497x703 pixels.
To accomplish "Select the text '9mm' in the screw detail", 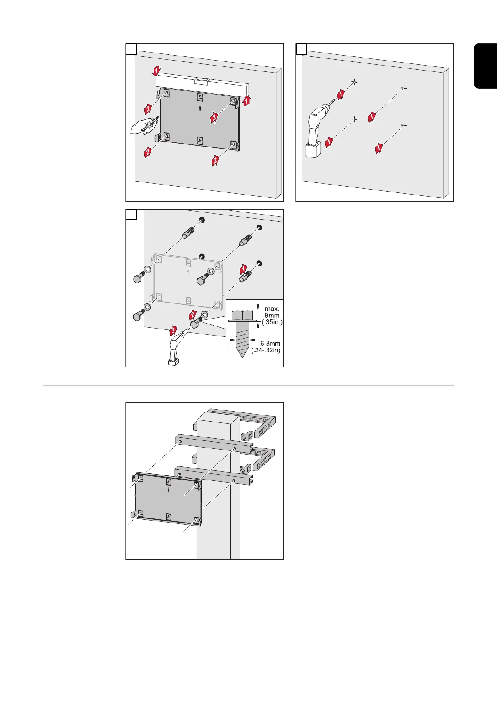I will (272, 316).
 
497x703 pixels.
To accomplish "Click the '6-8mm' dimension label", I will (270, 344).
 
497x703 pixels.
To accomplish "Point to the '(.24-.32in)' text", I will (266, 350).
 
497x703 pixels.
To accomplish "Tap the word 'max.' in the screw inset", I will (272, 309).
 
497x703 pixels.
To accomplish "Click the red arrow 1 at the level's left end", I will (156, 71).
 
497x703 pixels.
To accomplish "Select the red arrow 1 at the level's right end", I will (247, 100).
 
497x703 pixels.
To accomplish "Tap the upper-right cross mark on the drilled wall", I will (404, 88).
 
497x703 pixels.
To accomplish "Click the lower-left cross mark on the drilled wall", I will (354, 119).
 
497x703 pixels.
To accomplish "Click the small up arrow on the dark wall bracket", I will (200, 108).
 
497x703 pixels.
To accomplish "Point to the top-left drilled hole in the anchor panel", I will (202, 220).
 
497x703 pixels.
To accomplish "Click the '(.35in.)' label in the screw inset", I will (272, 322).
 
